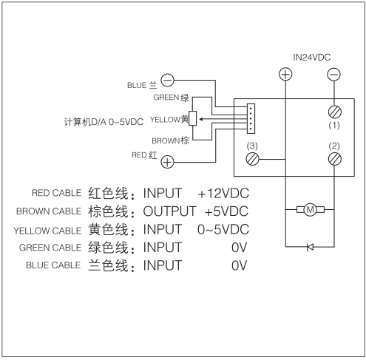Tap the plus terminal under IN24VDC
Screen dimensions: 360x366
(x=285, y=74)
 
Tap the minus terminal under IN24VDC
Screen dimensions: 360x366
(x=333, y=74)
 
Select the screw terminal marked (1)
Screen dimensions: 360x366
(x=333, y=112)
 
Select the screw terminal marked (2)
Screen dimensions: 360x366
(x=333, y=157)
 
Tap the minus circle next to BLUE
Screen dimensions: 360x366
(x=168, y=81)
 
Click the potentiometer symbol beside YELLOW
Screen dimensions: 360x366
(x=193, y=118)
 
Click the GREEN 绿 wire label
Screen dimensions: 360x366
(x=172, y=97)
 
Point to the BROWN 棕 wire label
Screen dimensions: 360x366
(x=170, y=140)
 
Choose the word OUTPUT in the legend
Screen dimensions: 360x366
(x=170, y=211)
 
